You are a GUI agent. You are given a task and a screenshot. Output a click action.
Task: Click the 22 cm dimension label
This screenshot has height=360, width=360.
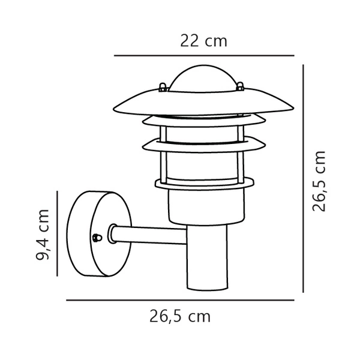point(204,41)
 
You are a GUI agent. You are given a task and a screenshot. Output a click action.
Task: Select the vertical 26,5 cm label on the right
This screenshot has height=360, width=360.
point(320,181)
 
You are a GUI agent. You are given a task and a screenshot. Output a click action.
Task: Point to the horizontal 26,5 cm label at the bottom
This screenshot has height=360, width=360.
point(180,316)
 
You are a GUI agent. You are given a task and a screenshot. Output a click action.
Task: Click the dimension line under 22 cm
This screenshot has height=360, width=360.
point(204,56)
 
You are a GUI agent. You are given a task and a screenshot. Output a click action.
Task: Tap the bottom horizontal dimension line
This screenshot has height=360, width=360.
point(180,300)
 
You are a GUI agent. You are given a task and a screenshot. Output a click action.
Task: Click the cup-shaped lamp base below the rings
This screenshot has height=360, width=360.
point(207,207)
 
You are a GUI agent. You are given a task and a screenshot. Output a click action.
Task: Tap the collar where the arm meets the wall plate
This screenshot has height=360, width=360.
point(112,233)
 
